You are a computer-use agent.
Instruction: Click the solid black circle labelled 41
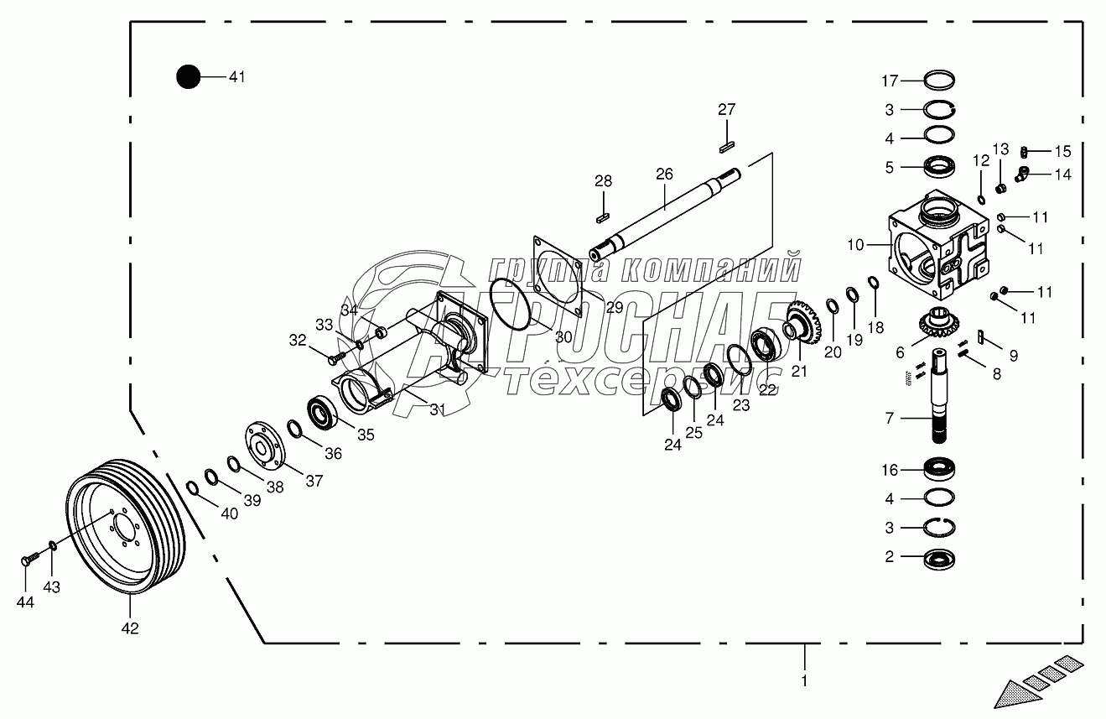(x=188, y=77)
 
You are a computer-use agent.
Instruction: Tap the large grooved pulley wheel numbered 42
(x=126, y=526)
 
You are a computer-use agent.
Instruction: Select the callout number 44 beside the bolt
(x=25, y=602)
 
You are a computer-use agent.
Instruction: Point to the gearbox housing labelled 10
(x=939, y=245)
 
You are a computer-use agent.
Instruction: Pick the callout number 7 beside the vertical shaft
(x=889, y=419)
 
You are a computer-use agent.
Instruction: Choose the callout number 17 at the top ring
(x=890, y=81)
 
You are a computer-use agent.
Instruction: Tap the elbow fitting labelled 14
(x=1022, y=174)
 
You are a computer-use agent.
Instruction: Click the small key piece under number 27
(x=727, y=147)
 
